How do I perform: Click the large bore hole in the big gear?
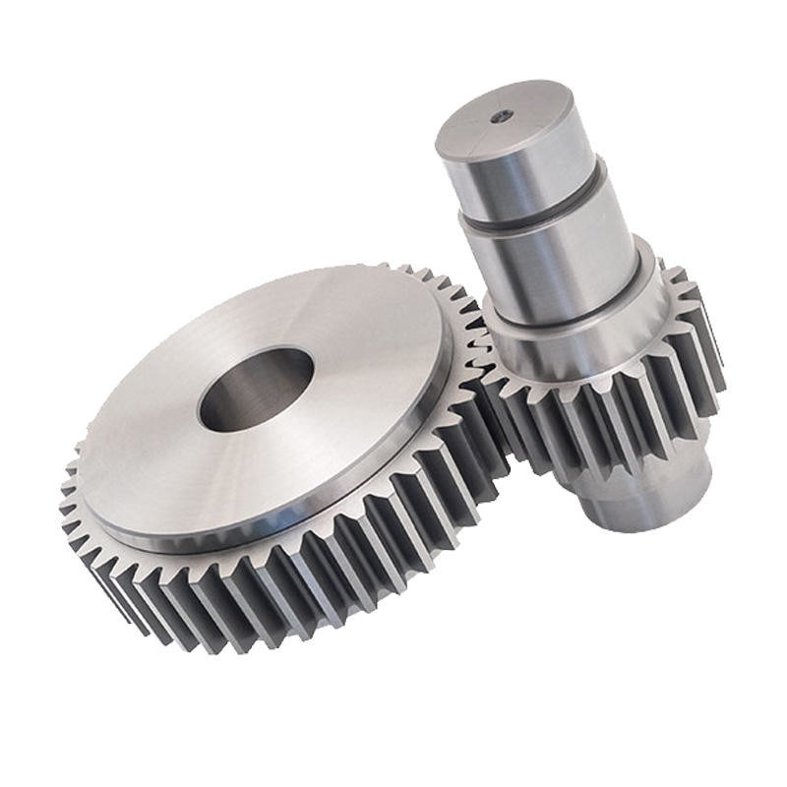pyautogui.click(x=255, y=390)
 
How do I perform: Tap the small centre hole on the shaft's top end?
pyautogui.click(x=501, y=116)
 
